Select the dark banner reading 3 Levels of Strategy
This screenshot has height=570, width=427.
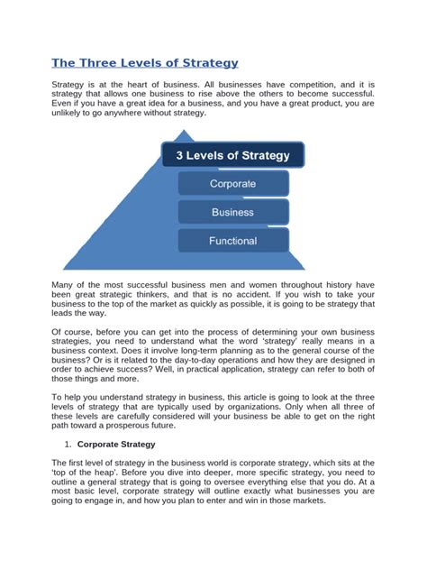pos(232,155)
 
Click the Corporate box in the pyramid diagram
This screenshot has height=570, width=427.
pos(232,184)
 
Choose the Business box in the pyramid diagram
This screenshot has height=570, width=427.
pos(232,212)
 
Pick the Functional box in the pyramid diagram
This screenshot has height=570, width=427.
pos(232,241)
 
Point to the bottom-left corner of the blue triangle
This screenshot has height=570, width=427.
pos(65,268)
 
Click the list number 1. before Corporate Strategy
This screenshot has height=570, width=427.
pos(68,445)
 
